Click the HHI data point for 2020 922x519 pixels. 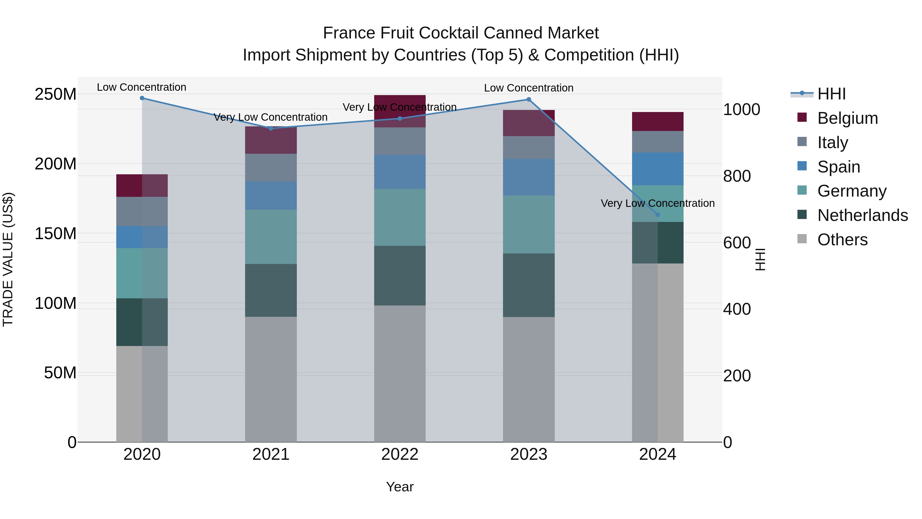point(142,98)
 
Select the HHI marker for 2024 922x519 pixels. point(657,215)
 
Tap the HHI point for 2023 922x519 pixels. point(529,100)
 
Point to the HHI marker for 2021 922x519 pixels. point(271,128)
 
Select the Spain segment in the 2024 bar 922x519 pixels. point(657,169)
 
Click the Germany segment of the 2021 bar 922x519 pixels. point(271,237)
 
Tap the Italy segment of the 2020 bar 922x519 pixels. point(142,211)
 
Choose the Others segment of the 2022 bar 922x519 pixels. point(400,374)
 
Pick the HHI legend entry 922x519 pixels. point(831,94)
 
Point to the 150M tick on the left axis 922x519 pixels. point(56,233)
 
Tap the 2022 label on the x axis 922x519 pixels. point(400,454)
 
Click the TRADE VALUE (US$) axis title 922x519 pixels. point(8,259)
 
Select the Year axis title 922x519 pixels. point(400,487)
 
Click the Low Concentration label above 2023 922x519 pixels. point(529,88)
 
